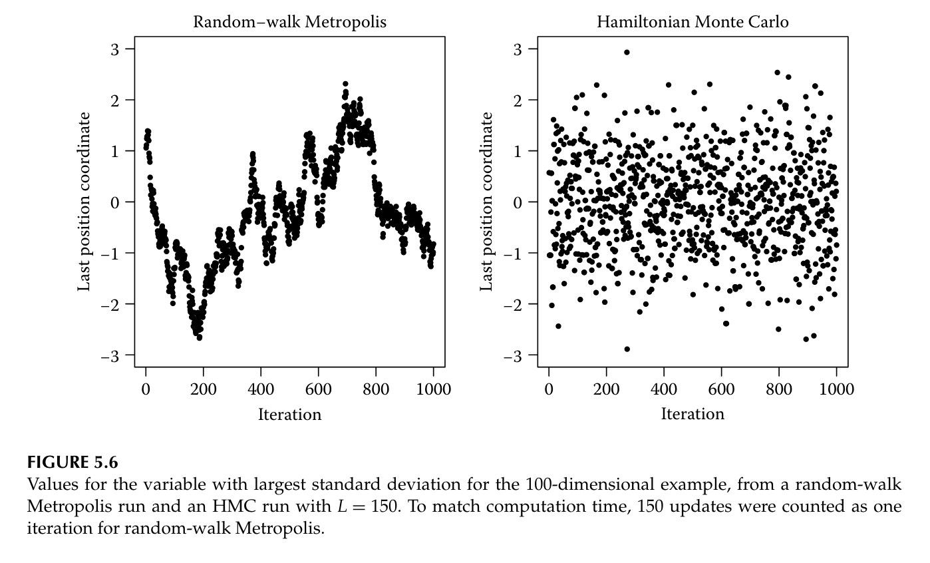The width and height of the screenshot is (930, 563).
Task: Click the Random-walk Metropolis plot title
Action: click(x=289, y=22)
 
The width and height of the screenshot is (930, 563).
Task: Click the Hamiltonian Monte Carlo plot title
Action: click(x=693, y=22)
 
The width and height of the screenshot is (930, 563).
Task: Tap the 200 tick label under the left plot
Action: click(x=203, y=389)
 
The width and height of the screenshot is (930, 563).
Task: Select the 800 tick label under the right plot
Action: click(x=778, y=389)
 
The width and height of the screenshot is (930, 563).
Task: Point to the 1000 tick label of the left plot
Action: click(x=434, y=389)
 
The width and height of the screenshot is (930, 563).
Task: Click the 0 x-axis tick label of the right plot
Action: click(x=548, y=389)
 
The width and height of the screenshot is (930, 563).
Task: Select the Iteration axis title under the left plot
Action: click(x=289, y=415)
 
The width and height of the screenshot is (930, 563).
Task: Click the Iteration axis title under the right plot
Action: click(x=693, y=415)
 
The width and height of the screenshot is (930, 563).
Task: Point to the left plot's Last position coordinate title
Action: click(x=84, y=202)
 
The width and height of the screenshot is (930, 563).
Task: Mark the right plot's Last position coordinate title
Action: click(x=486, y=202)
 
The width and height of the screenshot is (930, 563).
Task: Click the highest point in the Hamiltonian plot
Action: click(x=627, y=52)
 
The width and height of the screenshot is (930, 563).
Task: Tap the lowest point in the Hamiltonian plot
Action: click(x=627, y=349)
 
